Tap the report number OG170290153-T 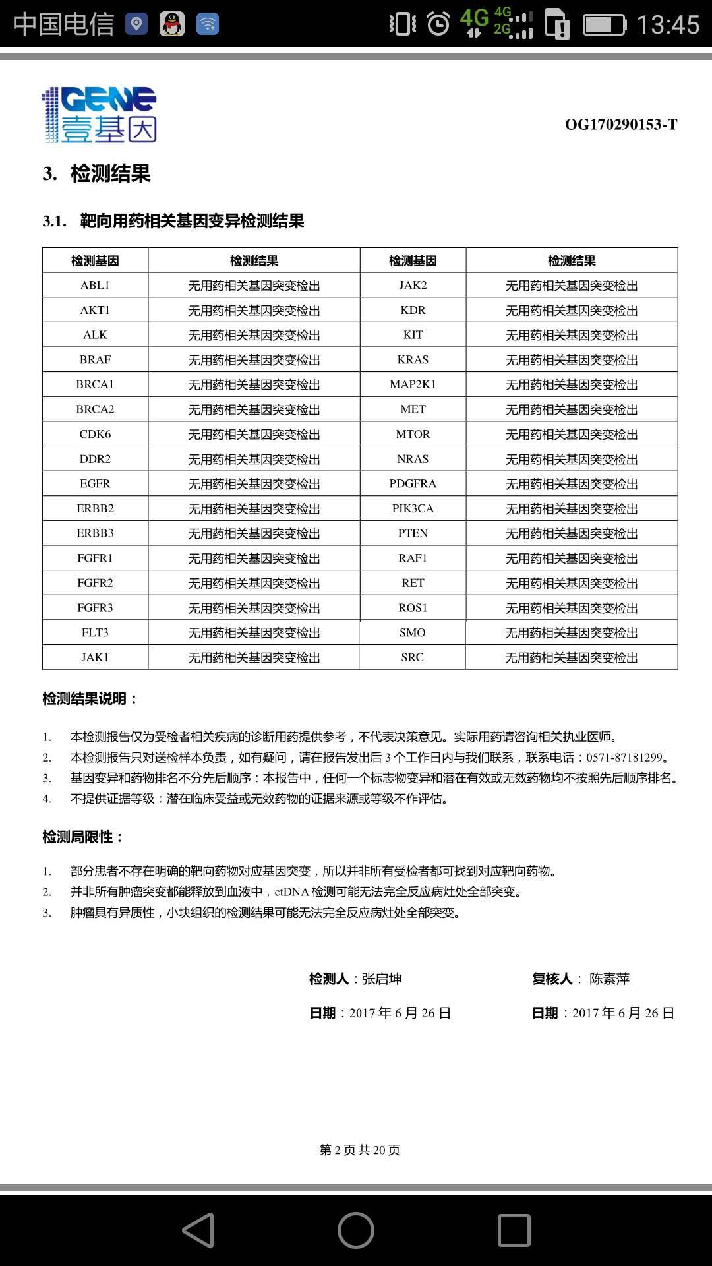pos(620,125)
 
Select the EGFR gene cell pos(95,483)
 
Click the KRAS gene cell pos(413,359)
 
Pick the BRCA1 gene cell pos(95,384)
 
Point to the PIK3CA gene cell pos(413,508)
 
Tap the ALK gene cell pos(95,334)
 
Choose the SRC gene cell pos(413,657)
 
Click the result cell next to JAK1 pos(254,657)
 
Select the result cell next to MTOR pos(571,434)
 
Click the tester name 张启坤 pos(382,979)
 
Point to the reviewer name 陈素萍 pos(609,979)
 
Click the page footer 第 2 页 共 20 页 pos(359,1150)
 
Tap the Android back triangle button pos(198,1230)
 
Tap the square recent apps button pos(514,1230)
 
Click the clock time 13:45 pos(667,25)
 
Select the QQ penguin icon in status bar pos(172,24)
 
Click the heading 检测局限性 pos(82,837)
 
